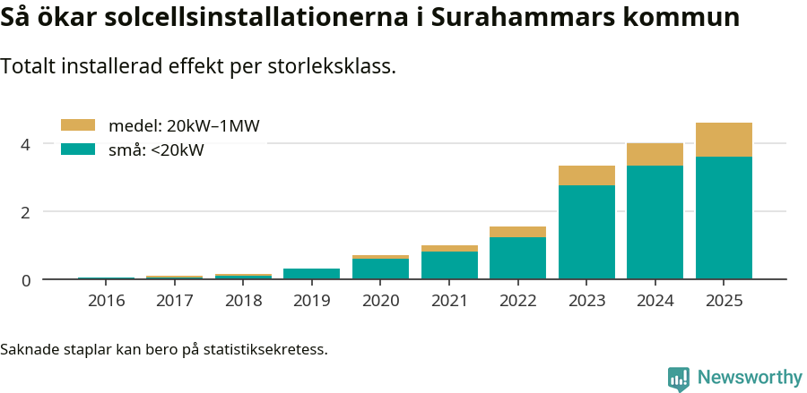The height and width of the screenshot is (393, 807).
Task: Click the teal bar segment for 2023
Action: (x=586, y=232)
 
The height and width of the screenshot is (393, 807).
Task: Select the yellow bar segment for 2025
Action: (x=724, y=140)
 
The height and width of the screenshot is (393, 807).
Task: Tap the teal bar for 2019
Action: (x=312, y=274)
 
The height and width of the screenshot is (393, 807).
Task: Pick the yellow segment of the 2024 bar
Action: (x=655, y=154)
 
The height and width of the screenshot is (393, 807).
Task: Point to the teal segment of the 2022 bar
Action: (x=517, y=258)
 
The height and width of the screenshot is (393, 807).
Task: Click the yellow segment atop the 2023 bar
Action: (x=586, y=175)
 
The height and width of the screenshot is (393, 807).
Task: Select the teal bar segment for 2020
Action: (x=380, y=269)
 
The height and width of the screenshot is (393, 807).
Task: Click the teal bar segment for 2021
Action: (x=449, y=265)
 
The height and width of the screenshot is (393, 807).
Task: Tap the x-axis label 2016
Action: (x=106, y=300)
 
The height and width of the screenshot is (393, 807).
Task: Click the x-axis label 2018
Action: (x=243, y=300)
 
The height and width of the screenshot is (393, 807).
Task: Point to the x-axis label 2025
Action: (x=724, y=300)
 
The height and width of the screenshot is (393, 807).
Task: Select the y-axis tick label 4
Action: (x=26, y=144)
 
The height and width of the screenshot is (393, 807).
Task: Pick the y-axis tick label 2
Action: (x=26, y=212)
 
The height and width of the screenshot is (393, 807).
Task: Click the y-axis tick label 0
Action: (x=26, y=280)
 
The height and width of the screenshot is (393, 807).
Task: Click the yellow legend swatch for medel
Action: (x=77, y=125)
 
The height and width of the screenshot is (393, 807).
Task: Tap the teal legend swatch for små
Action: (x=77, y=150)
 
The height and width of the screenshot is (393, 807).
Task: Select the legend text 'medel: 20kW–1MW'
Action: (x=184, y=126)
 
